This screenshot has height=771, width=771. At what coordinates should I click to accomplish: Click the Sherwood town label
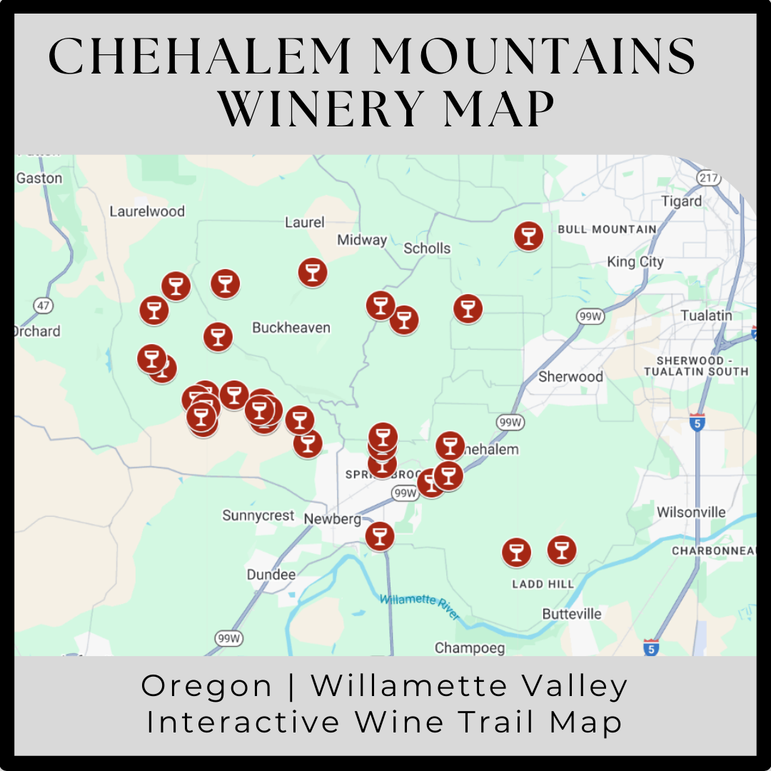click(570, 376)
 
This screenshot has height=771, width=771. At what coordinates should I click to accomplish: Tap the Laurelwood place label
click(147, 211)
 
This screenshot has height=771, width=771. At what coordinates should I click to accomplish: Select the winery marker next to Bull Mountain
click(528, 236)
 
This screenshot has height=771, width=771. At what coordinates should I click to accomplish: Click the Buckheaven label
click(291, 328)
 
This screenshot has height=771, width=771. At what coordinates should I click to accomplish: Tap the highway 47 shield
click(44, 306)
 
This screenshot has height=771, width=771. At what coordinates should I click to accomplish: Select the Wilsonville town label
click(691, 512)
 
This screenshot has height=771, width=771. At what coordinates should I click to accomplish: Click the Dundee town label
click(271, 575)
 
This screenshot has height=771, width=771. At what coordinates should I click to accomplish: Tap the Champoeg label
click(470, 648)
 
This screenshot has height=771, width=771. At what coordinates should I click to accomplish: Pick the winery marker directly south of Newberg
click(380, 536)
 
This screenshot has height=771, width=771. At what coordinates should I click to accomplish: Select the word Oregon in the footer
click(207, 686)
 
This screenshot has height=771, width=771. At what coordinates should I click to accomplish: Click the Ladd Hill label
click(543, 584)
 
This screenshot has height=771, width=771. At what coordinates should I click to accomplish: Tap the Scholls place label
click(427, 248)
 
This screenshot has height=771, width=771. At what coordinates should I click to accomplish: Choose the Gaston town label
click(39, 178)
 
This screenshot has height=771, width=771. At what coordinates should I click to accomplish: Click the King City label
click(635, 262)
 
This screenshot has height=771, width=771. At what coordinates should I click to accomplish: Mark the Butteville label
click(572, 614)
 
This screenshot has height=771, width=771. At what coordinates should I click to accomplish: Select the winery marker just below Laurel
click(312, 272)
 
